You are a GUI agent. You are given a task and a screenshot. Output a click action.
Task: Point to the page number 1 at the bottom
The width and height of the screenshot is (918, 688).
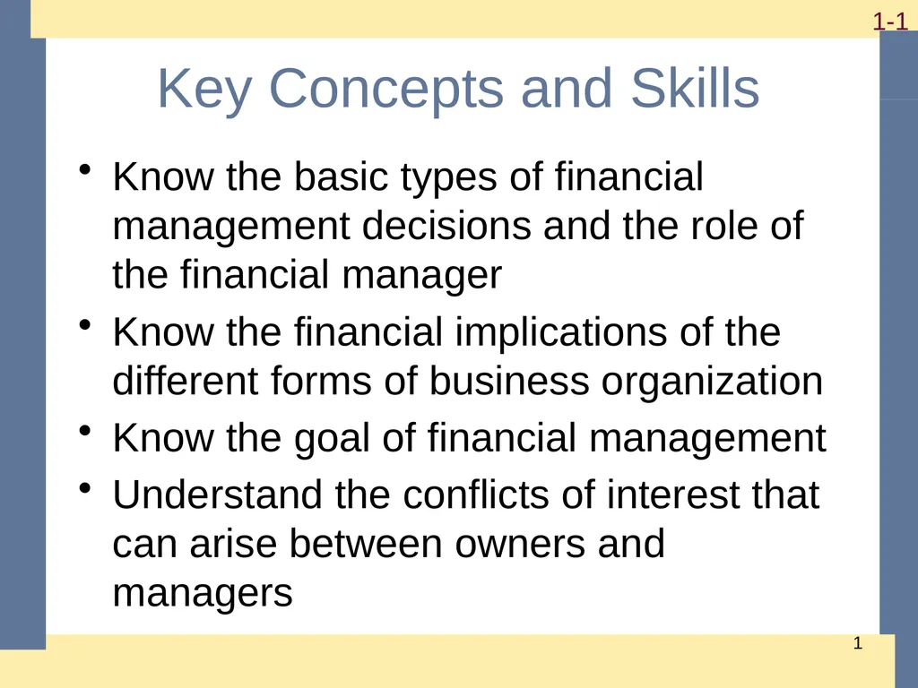coord(858,645)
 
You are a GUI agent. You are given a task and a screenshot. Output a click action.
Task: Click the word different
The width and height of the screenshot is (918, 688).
coord(184,383)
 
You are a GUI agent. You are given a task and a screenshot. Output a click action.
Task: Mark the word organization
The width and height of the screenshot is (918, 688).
coord(712,383)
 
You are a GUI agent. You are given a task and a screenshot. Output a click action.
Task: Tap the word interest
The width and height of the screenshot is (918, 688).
coord(673,494)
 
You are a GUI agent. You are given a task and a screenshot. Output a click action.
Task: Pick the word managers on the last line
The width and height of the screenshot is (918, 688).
coord(203,593)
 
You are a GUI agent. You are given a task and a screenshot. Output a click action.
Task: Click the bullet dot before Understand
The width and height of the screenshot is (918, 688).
coord(85,487)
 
